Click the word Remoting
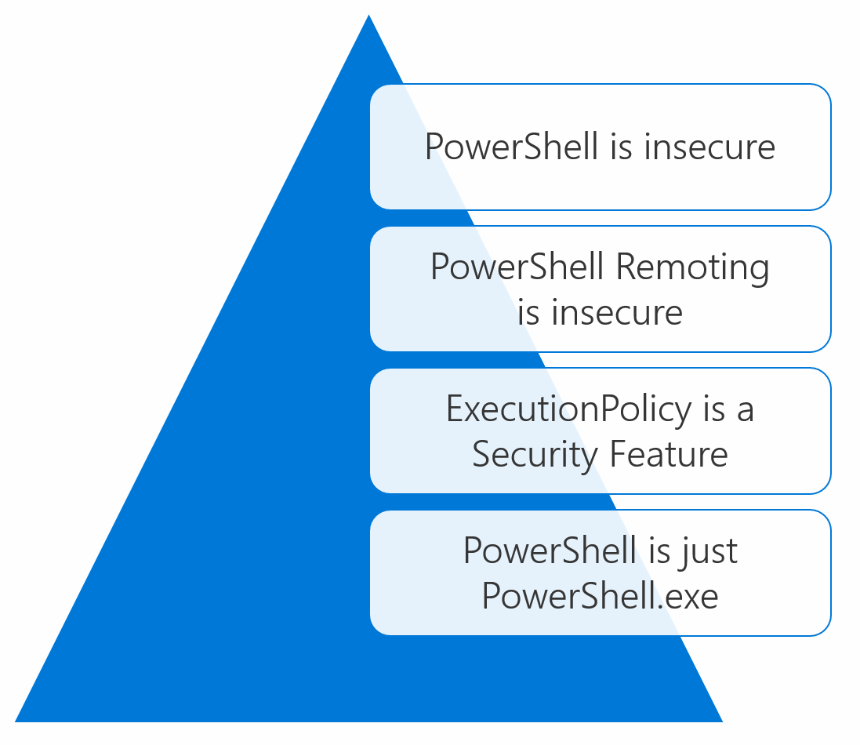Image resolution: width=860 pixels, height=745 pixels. (693, 268)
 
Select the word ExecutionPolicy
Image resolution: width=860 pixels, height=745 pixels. (569, 410)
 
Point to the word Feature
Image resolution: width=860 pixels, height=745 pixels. (669, 454)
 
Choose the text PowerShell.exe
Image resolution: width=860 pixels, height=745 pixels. (600, 596)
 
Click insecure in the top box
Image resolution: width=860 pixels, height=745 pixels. (709, 147)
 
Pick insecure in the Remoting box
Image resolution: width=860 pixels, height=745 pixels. (617, 313)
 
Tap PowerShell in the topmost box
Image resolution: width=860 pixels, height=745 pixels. (511, 147)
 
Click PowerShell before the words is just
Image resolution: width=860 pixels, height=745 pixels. (550, 551)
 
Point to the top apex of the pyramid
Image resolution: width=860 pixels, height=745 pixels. (368, 15)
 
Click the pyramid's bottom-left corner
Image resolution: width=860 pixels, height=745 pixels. (16, 721)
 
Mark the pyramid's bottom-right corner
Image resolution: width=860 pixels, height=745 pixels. (722, 721)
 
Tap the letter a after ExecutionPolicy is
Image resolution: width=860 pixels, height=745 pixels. (746, 411)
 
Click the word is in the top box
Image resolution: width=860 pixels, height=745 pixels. (621, 147)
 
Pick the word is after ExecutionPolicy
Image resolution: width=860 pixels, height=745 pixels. (714, 409)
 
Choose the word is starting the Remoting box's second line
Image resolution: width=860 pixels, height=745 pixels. (528, 313)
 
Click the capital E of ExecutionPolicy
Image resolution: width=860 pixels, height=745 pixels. (456, 409)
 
